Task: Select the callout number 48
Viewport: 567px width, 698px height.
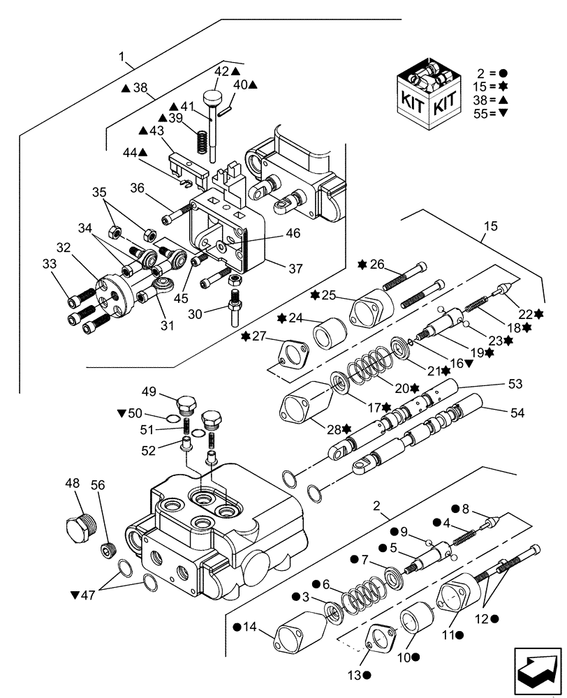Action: pos(73,483)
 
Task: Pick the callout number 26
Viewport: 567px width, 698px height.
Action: pos(377,264)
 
